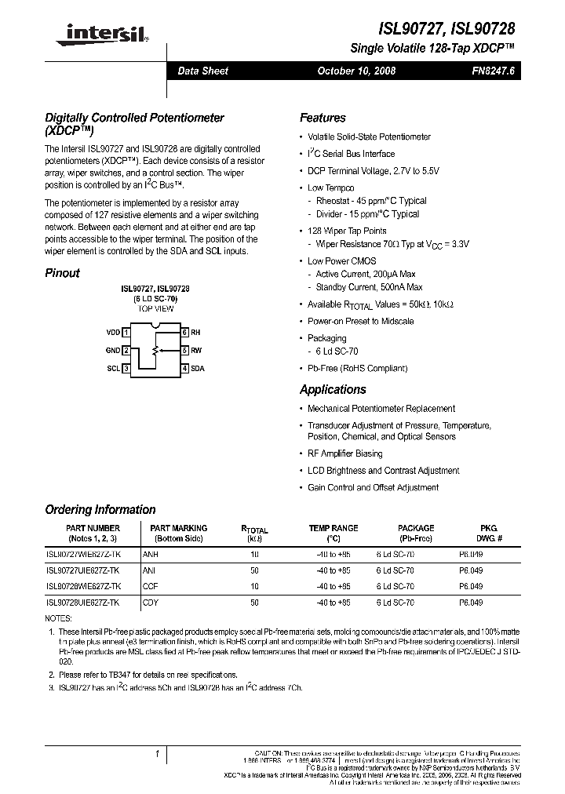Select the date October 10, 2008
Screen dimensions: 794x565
355,71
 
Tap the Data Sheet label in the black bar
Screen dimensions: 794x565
202,71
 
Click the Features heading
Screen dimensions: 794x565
323,118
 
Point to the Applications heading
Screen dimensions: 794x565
333,389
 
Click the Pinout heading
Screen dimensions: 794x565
62,273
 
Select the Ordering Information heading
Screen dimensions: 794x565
100,509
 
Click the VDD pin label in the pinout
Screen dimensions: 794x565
112,333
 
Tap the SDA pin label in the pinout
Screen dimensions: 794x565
197,368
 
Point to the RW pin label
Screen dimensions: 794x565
196,351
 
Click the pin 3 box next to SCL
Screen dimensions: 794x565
126,368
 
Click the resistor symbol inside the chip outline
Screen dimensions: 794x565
155,349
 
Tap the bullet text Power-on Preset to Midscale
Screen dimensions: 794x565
360,321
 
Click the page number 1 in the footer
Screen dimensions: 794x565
158,754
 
